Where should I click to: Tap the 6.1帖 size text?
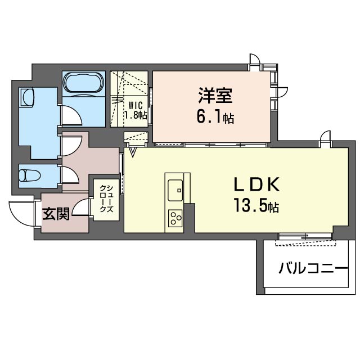215,118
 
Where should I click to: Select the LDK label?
254,184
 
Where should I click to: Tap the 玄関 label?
56,214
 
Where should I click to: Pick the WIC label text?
135,105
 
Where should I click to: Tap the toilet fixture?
30,175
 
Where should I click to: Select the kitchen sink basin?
174,187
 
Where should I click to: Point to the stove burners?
174,217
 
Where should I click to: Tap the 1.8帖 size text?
136,115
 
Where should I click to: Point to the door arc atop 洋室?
255,60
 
